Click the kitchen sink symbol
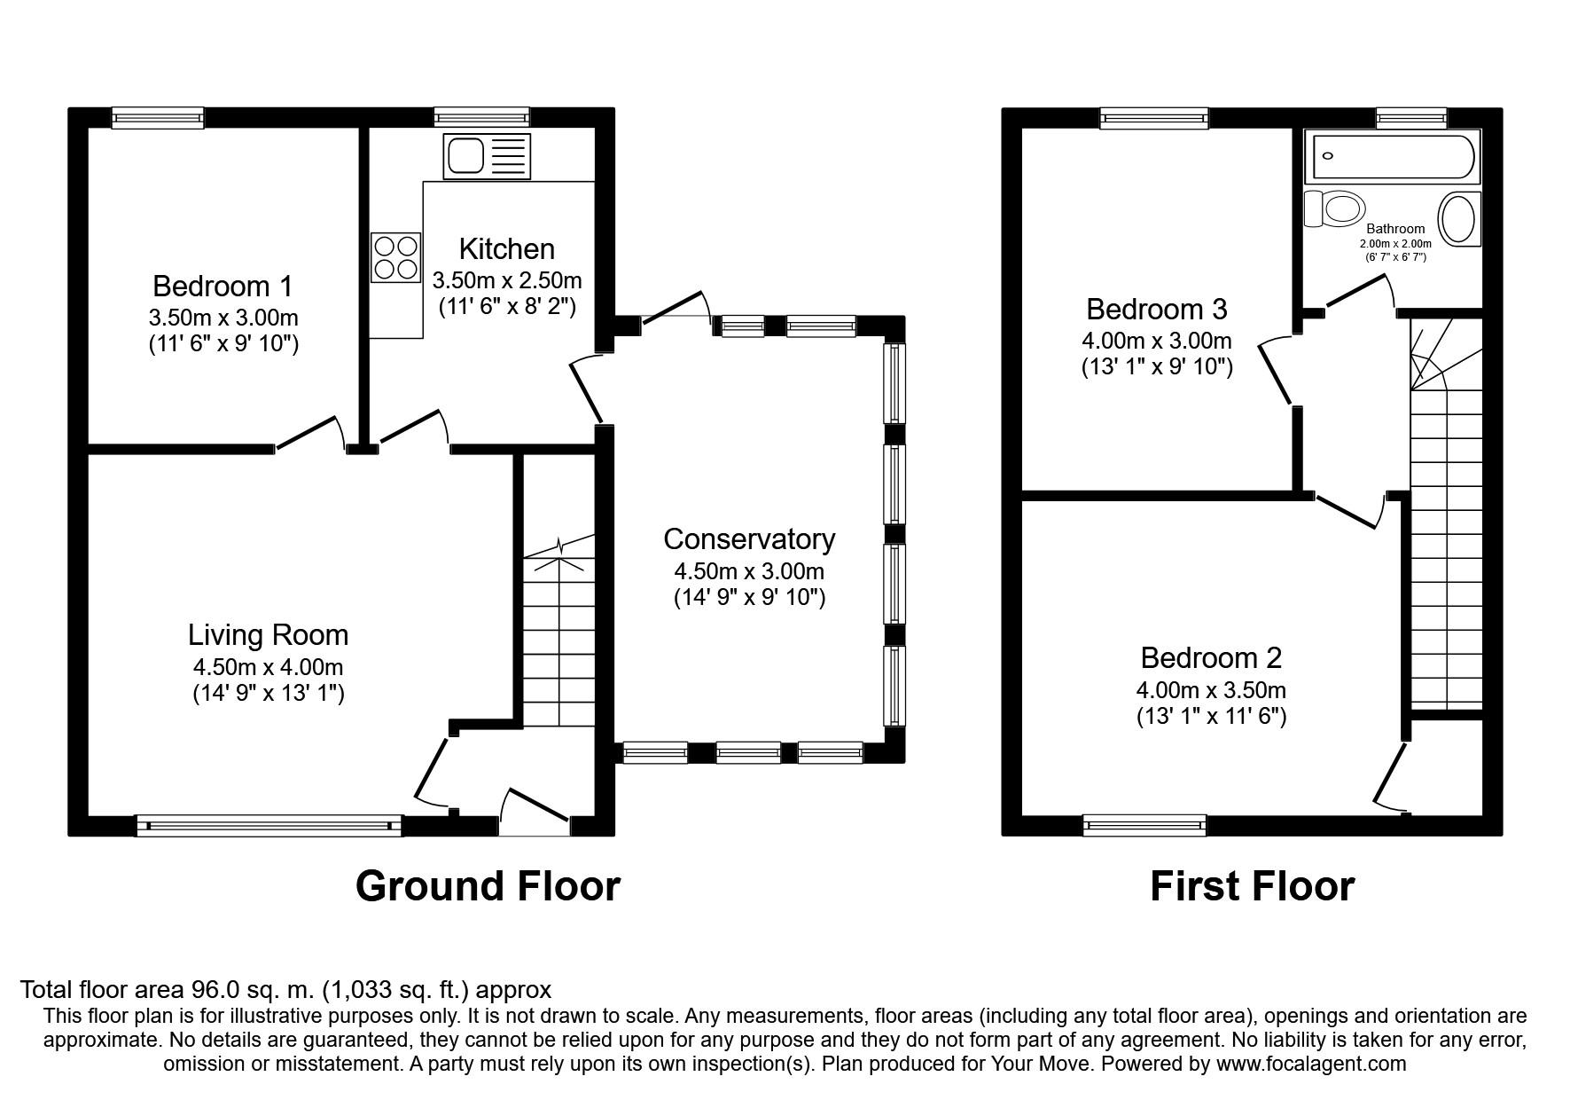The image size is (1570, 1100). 487,157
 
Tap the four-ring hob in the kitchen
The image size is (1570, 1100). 395,257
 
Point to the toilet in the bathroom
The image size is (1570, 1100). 1335,209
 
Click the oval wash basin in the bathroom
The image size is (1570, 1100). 1458,219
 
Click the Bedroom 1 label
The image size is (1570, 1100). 223,286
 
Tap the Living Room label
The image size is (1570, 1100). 268,634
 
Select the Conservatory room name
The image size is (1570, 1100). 749,538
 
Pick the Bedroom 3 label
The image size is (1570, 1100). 1156,309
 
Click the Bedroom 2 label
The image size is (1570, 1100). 1211,657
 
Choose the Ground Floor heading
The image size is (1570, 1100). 488,885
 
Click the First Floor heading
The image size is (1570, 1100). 1252,885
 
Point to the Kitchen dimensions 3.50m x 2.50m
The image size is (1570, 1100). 507,281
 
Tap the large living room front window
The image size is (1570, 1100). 269,826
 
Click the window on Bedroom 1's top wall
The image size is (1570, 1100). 158,118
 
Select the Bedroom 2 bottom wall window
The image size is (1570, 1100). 1144,825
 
